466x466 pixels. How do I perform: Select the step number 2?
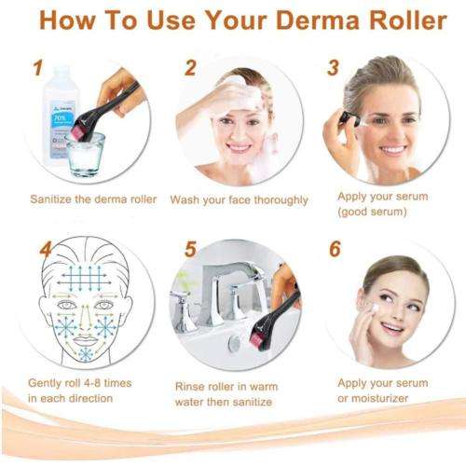click(190, 68)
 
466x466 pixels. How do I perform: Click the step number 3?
click(333, 68)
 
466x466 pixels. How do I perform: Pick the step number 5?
click(190, 251)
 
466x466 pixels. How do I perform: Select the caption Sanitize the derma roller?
click(93, 199)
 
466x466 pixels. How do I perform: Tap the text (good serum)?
click(374, 212)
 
